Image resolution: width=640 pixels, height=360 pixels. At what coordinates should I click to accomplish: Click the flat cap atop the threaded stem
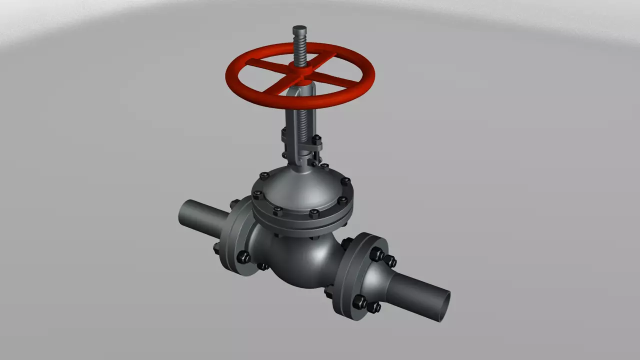click(299, 28)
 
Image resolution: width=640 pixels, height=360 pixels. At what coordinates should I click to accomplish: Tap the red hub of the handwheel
click(300, 73)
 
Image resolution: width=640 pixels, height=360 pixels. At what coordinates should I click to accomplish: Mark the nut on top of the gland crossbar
click(316, 138)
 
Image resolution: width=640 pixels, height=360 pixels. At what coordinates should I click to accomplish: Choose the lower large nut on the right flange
click(360, 301)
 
